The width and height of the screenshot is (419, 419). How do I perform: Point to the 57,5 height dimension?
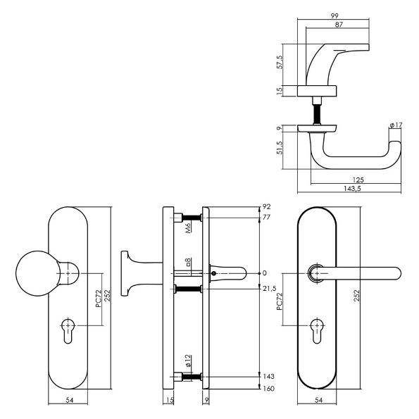[x=280, y=61]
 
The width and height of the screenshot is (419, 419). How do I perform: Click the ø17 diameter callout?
[x=395, y=126]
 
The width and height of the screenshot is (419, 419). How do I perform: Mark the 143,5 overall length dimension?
[x=350, y=189]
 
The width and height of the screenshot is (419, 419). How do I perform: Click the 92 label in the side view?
[x=265, y=208]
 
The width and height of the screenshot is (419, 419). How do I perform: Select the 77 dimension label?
[x=265, y=218]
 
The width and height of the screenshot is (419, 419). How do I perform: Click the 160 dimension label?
[x=267, y=389]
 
